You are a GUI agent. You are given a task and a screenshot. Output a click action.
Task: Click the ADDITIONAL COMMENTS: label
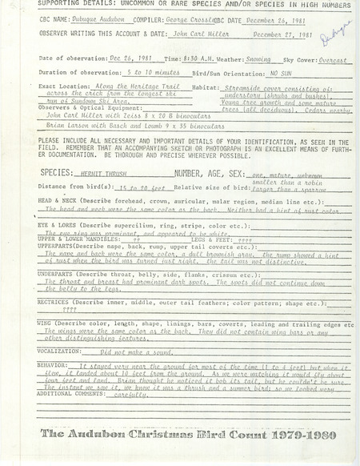72,393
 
